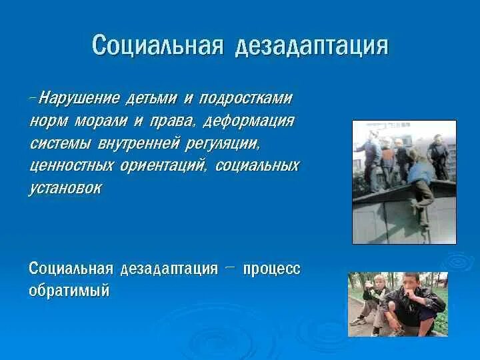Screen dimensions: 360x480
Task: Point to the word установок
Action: pos(65,188)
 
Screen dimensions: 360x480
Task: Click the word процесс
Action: pos(272,269)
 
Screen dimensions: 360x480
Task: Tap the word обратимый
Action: pos(69,291)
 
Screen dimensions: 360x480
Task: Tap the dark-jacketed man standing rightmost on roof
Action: pos(438,157)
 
